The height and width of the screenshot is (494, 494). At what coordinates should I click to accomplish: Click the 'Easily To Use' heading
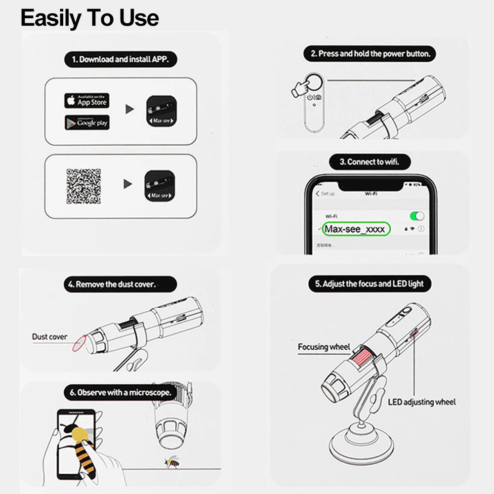coord(89,18)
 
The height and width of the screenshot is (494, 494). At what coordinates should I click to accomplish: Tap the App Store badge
coord(86,101)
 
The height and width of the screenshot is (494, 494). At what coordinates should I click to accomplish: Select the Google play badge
coord(86,123)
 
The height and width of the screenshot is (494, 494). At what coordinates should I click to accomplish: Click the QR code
coord(83,186)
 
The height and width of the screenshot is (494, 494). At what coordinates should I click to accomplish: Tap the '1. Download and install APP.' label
coord(121,59)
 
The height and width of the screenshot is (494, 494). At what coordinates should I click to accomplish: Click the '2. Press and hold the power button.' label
coord(370,54)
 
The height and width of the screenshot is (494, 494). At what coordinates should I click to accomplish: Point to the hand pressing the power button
coord(299,87)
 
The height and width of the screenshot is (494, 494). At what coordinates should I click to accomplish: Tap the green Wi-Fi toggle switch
coord(417,216)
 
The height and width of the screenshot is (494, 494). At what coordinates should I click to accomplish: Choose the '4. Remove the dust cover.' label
coord(120,285)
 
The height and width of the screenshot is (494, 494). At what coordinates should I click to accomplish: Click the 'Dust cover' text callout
coord(49,336)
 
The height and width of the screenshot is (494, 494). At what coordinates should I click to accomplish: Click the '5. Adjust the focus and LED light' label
coord(370,284)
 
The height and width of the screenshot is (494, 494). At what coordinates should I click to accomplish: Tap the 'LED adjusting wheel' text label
coord(422,402)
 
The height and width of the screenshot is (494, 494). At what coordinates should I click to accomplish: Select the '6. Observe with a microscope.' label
coord(121,393)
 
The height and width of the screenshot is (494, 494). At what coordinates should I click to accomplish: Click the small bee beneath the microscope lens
coord(172,462)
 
